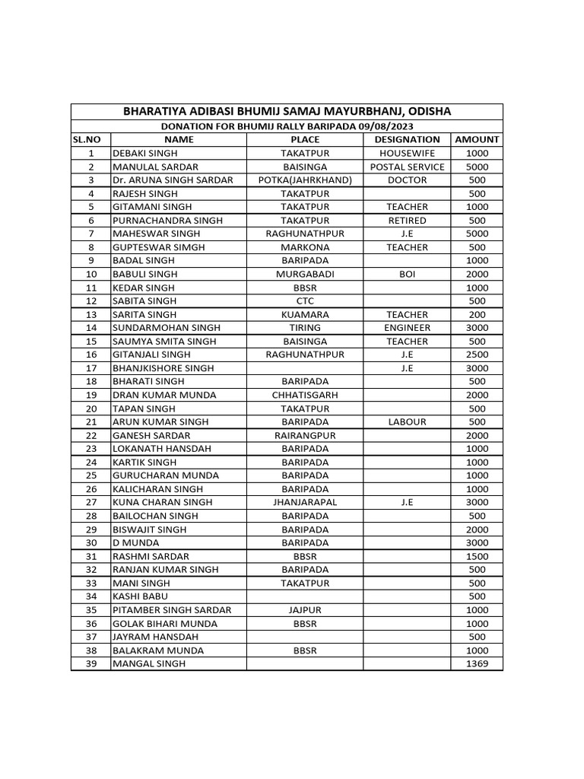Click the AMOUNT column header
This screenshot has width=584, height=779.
coord(477,139)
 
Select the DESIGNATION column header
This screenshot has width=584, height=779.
coord(407,139)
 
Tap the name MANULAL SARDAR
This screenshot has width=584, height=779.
coord(155,167)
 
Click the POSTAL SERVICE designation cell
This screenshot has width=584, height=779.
coord(407,167)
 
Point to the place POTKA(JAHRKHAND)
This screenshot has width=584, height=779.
coord(305,180)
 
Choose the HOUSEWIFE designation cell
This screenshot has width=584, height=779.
coord(407,153)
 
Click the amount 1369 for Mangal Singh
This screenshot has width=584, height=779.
coord(477,664)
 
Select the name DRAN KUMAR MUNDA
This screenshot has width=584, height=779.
coord(164,395)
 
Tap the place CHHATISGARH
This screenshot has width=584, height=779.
coord(305,395)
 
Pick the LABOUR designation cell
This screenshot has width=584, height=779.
coord(407,421)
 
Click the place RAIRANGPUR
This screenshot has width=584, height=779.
coord(305,435)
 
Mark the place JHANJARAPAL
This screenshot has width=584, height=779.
coord(305,502)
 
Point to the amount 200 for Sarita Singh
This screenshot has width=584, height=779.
coord(477,314)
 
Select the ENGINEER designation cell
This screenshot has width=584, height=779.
coord(407,328)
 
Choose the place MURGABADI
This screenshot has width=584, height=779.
coord(305,274)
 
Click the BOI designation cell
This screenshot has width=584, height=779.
coord(407,274)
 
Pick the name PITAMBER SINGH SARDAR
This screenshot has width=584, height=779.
coord(172,610)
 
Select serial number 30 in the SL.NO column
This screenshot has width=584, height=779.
coord(90,542)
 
